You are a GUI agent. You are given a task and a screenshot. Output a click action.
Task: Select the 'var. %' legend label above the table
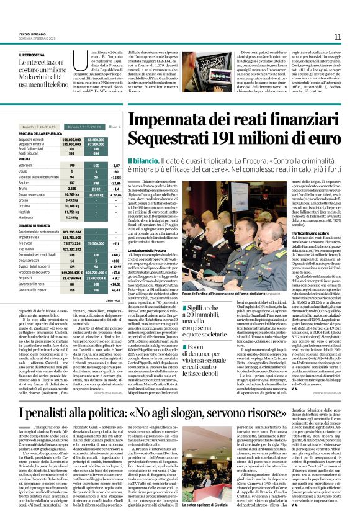[x=114, y=127]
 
